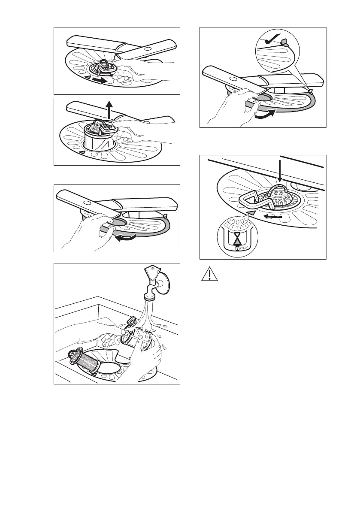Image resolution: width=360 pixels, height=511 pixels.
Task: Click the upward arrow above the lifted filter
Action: click(x=110, y=111)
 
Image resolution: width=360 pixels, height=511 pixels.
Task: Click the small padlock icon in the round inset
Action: click(x=237, y=248)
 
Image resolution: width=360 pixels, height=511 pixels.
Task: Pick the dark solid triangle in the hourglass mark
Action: click(x=237, y=237)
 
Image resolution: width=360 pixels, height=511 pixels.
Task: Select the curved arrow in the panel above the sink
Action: click(x=127, y=239)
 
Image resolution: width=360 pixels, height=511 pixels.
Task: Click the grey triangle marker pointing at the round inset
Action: click(x=251, y=212)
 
